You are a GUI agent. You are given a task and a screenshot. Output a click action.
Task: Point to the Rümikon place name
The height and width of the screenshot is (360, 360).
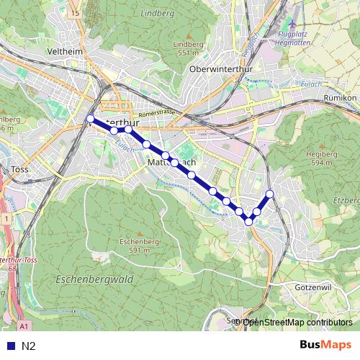(341, 96)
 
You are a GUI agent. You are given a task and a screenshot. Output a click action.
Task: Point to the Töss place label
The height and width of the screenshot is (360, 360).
(19, 170)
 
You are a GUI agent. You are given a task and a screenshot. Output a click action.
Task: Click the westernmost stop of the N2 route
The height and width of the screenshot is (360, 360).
(90, 119)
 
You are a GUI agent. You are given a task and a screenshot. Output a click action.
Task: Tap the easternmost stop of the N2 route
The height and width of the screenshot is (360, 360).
(270, 194)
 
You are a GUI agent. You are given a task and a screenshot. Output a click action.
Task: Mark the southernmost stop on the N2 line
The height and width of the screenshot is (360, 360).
(249, 222)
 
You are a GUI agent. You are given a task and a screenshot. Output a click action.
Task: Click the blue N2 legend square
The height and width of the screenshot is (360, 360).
(8, 346)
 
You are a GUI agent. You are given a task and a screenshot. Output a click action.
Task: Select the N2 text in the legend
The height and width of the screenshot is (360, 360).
(28, 346)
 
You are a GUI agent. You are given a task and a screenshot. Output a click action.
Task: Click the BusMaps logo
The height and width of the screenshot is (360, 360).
(325, 346)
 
